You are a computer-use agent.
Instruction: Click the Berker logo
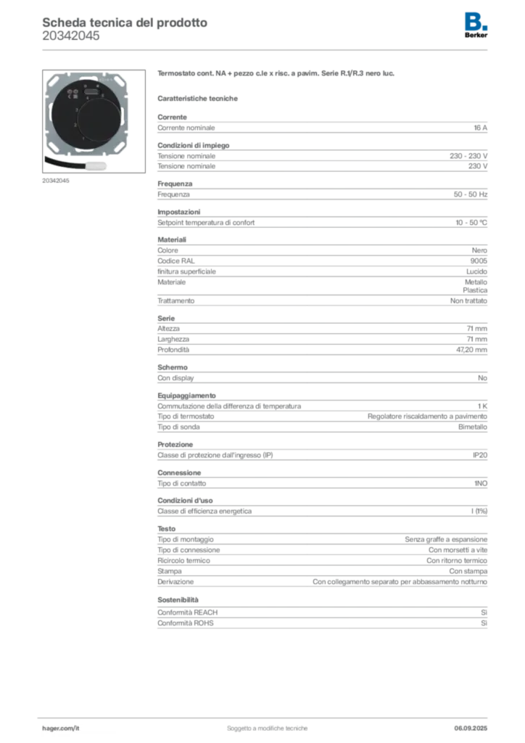tap(476, 25)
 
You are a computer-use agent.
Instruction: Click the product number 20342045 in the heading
tap(71, 36)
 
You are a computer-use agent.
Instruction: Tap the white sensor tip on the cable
tap(96, 166)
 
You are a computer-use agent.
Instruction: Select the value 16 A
tap(481, 128)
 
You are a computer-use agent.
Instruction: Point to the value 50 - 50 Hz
tap(471, 194)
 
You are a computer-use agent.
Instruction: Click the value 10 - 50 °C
tap(471, 223)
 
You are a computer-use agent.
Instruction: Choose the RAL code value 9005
tap(479, 261)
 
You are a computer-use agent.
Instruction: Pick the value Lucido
tap(476, 271)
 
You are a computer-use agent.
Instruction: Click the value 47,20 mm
tap(471, 350)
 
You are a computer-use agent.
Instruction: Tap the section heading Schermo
tap(173, 367)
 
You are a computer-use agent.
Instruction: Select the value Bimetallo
tap(473, 427)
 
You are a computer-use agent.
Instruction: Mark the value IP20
tap(480, 456)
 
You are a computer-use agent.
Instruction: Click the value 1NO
tap(481, 483)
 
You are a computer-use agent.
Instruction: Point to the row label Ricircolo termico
tap(183, 561)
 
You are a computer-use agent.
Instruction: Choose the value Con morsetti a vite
tap(458, 550)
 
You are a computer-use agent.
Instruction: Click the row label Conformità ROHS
tap(186, 623)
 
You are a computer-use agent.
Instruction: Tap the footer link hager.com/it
tap(61, 728)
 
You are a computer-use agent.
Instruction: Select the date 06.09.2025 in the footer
tap(471, 728)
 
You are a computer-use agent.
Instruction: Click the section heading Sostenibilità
tap(178, 600)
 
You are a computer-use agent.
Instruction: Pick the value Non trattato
tap(468, 301)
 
